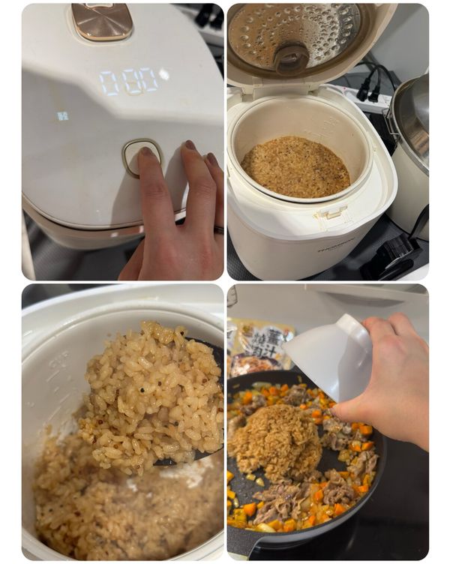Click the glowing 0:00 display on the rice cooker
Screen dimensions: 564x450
coord(130,81)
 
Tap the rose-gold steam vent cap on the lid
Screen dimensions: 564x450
coord(102,20)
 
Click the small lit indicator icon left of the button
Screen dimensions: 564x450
coord(62,115)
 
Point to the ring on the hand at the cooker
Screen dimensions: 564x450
coord(217,228)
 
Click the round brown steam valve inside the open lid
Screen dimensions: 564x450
coord(290,57)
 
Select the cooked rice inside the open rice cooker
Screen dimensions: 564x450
coord(295,166)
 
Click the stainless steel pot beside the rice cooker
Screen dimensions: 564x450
coord(412,150)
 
